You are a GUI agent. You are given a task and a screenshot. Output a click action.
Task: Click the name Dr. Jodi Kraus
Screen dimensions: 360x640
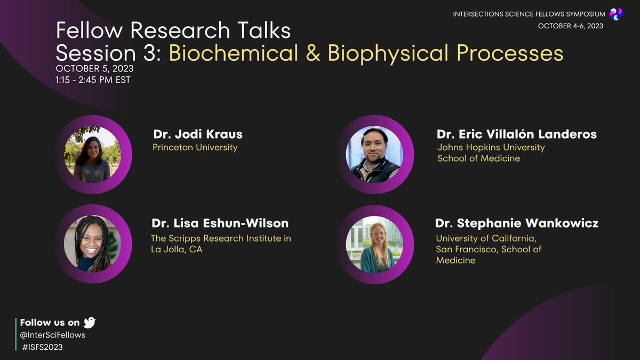tap(197, 134)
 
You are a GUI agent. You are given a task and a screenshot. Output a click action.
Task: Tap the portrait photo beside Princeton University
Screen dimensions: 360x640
tap(92, 154)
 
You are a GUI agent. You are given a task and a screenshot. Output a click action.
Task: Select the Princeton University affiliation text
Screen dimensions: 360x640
tap(195, 147)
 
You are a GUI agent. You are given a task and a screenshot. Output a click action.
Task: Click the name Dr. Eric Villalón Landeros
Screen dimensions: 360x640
tap(516, 134)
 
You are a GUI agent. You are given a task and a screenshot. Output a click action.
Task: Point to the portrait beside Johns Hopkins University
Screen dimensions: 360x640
tap(375, 155)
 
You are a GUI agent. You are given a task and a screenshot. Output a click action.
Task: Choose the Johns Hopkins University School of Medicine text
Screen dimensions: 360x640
tap(491, 153)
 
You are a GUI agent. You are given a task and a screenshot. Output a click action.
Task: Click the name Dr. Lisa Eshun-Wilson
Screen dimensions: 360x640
tap(220, 223)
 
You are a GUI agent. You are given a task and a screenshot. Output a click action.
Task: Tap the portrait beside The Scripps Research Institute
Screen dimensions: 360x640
tap(92, 244)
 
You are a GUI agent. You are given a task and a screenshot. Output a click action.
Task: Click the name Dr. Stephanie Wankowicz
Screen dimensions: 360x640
tap(517, 223)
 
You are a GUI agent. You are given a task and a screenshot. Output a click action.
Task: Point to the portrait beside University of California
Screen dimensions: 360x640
tap(375, 244)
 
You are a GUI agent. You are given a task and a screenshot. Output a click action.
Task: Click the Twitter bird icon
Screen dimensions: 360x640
tap(90, 322)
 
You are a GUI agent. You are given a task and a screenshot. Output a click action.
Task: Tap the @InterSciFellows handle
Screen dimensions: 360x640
tap(53, 335)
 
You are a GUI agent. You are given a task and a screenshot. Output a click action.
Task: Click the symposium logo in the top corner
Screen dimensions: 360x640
tap(616, 14)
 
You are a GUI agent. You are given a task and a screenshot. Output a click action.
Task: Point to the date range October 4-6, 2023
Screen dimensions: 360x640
tap(570, 26)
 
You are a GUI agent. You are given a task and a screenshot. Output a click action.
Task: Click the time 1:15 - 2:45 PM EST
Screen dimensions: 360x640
tap(93, 80)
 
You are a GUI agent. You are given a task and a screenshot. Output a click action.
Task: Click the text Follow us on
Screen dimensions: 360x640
tap(50, 322)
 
